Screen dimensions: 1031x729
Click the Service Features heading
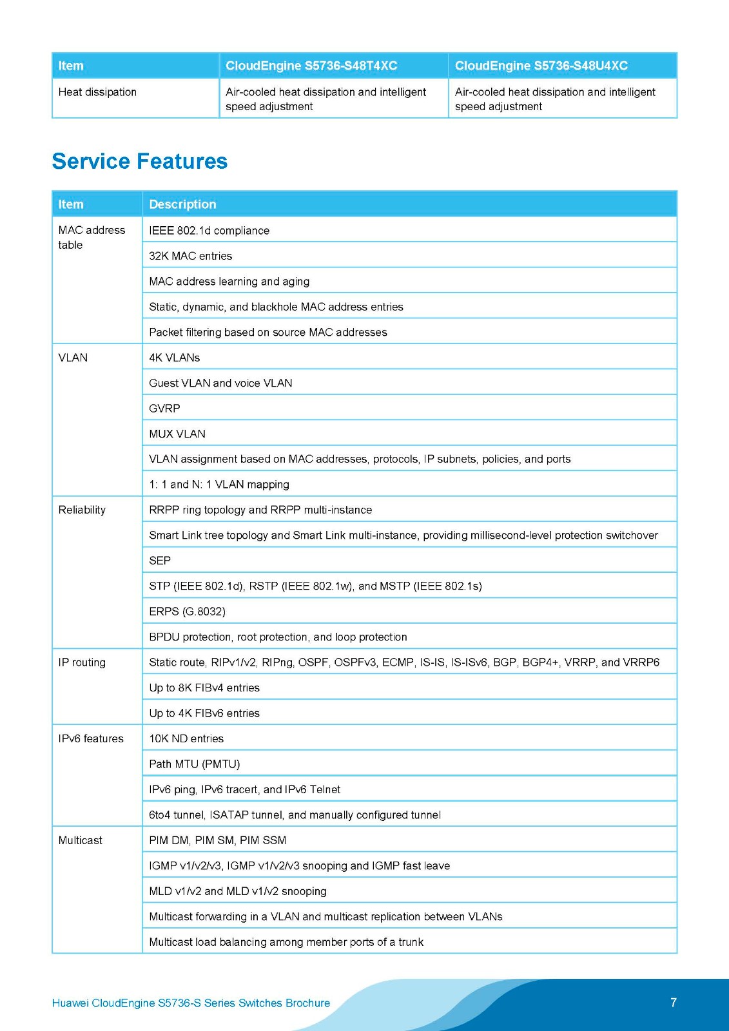(139, 161)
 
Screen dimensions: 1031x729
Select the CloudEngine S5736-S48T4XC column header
(311, 66)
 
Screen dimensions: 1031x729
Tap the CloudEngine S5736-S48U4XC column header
(541, 66)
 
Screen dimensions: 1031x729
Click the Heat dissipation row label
(97, 92)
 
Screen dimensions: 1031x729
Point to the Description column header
(182, 204)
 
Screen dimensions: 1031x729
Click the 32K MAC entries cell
(190, 256)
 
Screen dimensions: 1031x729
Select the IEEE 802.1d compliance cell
(209, 231)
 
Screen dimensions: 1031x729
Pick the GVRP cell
(164, 409)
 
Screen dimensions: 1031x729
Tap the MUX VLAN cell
(177, 434)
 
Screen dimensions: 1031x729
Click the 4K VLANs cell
(174, 358)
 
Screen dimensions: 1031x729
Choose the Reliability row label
(82, 510)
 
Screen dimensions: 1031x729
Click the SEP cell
(160, 561)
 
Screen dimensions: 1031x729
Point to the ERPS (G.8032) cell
(187, 612)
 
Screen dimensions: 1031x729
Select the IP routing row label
(82, 662)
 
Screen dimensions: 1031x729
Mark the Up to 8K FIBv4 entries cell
(204, 688)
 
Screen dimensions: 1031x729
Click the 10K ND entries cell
(186, 738)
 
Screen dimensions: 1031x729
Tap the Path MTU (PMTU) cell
(194, 764)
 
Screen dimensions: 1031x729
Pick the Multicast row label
(81, 840)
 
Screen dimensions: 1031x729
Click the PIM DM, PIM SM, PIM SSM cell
(217, 840)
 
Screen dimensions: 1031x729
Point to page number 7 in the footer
(674, 1003)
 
